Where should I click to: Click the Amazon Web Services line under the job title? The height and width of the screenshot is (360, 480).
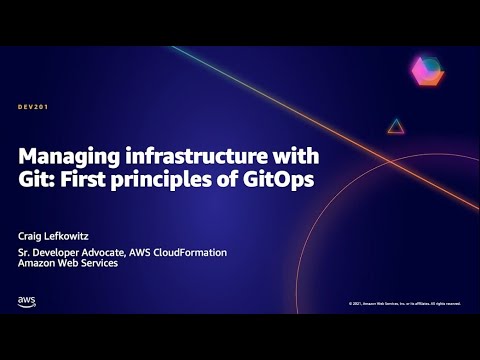click(68, 263)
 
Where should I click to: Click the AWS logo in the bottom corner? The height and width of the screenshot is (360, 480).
click(27, 300)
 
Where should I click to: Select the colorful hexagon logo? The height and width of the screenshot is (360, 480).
click(426, 72)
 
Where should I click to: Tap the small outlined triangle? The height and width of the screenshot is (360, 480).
click(396, 126)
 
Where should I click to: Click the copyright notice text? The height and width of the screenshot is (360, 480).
click(404, 303)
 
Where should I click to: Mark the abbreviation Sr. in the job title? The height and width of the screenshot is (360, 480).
click(24, 252)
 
